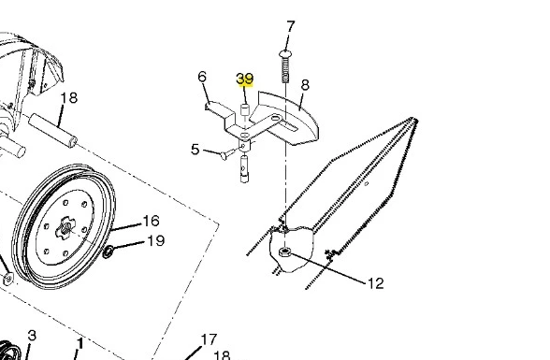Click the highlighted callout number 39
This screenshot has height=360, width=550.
coord(245,79)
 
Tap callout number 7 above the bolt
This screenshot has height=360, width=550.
coord(291,27)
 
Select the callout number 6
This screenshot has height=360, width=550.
coord(202,77)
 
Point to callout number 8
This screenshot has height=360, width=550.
coord(305,85)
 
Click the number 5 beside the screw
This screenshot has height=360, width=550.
coord(195,150)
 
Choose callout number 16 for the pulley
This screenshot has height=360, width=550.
coord(152,221)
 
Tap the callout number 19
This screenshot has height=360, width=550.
coord(155,241)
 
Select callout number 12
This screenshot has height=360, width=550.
coord(375,283)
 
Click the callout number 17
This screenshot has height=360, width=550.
coord(210,339)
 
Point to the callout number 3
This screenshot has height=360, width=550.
coord(32,336)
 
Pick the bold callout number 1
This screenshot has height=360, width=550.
coord(80,344)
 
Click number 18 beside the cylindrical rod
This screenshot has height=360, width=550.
coord(69,98)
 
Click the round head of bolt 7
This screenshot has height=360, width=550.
coord(285,54)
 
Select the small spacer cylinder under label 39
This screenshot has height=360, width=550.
coord(244,109)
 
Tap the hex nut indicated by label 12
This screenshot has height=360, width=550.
coord(284,252)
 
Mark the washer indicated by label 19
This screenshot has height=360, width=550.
coord(109,252)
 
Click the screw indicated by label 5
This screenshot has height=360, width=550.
coord(229,153)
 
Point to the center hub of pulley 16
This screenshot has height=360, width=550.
coord(65,228)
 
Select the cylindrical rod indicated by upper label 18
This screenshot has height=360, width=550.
coord(52,130)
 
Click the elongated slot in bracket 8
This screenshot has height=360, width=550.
coord(290,125)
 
